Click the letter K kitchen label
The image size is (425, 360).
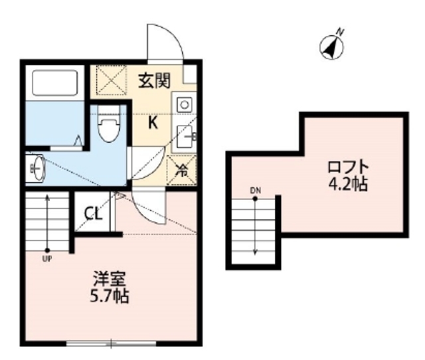(x=153, y=122)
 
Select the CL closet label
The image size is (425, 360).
(x=93, y=214)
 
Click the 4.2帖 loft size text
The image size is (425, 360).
(x=347, y=184)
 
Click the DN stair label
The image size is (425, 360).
(x=256, y=191)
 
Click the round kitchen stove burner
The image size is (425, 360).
(x=184, y=104)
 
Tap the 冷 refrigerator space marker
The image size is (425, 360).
(x=181, y=169)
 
